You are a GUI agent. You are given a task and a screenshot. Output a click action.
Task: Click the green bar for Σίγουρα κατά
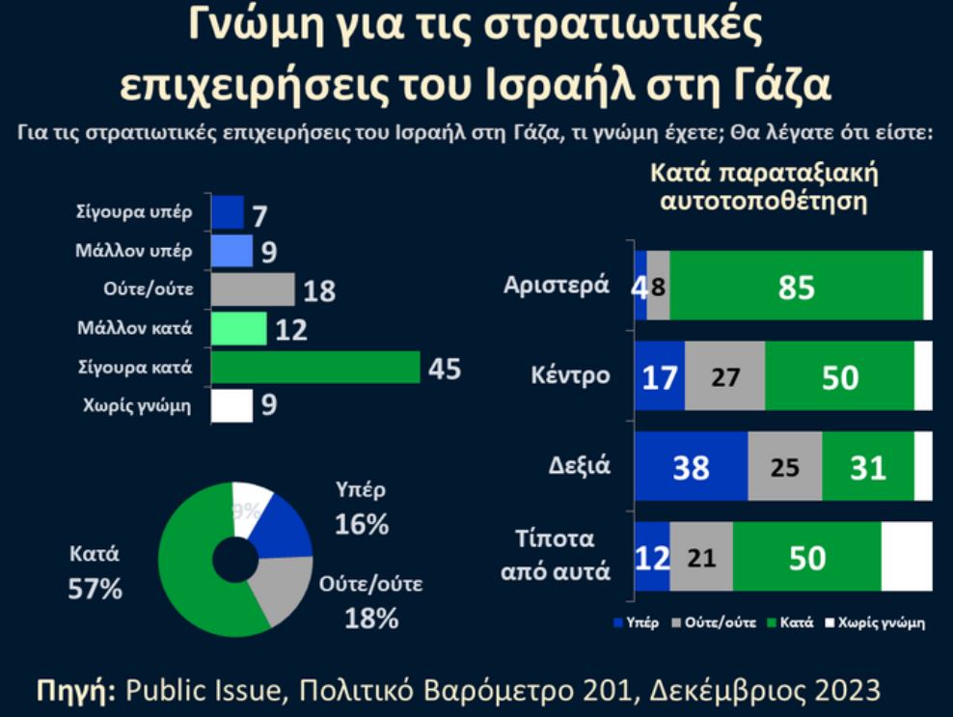point(315,368)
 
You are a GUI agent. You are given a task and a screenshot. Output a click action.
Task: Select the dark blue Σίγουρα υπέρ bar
point(227,211)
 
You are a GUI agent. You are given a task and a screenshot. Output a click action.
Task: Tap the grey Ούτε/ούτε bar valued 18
point(252,290)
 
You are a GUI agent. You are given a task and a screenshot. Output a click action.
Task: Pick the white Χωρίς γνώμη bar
point(231,406)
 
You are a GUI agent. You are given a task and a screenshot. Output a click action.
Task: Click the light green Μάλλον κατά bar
point(238,329)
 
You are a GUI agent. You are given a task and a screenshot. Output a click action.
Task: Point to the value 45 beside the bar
point(445,369)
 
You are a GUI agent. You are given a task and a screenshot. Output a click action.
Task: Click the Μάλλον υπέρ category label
point(134,251)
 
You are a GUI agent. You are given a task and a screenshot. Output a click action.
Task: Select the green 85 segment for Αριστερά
point(796,286)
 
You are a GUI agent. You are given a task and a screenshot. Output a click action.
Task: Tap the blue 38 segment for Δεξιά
point(691,466)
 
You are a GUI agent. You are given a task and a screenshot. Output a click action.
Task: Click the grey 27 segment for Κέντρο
point(724,375)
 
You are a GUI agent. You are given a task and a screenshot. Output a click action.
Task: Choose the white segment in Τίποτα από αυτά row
point(906,557)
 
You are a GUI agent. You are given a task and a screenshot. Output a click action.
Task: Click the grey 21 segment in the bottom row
point(700,557)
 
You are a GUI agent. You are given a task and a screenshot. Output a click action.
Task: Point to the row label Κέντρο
point(570,374)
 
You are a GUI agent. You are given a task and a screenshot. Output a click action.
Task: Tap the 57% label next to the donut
point(95,589)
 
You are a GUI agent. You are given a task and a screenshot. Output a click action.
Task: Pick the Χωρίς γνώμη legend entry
point(878,622)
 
